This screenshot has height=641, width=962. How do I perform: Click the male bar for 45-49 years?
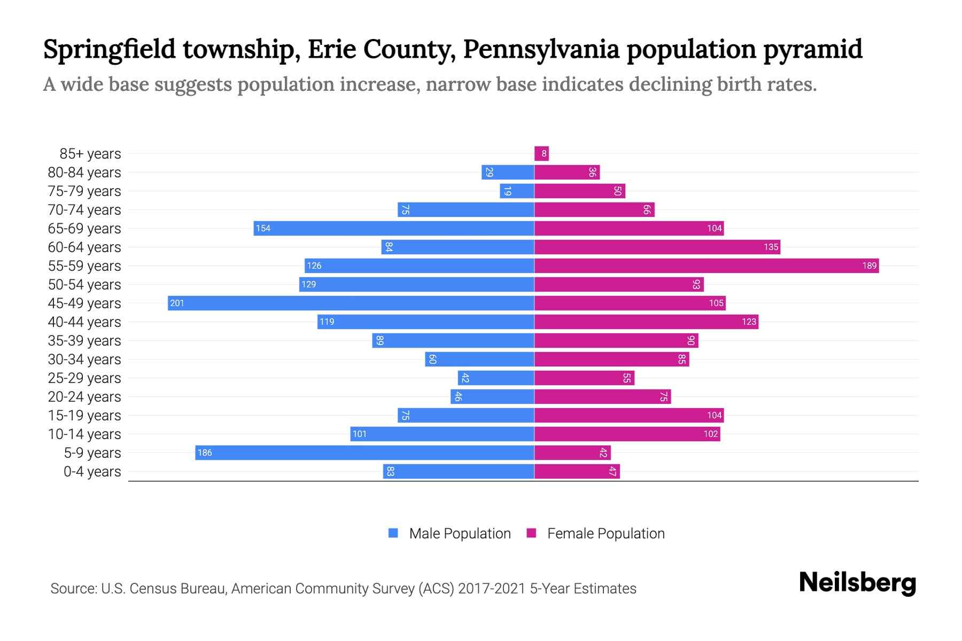351,303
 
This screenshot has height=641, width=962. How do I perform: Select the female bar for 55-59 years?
707,266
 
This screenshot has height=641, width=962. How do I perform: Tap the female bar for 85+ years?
541,154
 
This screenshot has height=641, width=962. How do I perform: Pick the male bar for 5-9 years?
364,453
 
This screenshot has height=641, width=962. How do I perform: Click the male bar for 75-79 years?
517,191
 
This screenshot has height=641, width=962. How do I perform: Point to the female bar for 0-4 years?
577,472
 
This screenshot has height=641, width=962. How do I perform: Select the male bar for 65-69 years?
394,229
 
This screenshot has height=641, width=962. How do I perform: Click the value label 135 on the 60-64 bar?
771,247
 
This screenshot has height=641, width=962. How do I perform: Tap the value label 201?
177,303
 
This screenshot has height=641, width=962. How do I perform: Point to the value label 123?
749,322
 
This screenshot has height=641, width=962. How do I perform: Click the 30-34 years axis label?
84,359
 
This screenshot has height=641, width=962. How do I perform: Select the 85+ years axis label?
90,154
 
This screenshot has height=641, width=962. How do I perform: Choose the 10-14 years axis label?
84,434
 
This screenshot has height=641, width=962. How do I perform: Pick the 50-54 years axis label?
84,285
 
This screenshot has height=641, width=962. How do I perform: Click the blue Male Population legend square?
393,533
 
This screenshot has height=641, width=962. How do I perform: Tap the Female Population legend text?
606,534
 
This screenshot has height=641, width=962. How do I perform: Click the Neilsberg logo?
857,583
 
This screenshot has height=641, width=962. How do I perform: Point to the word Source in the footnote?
73,589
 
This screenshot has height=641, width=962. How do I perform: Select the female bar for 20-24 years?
602,397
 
